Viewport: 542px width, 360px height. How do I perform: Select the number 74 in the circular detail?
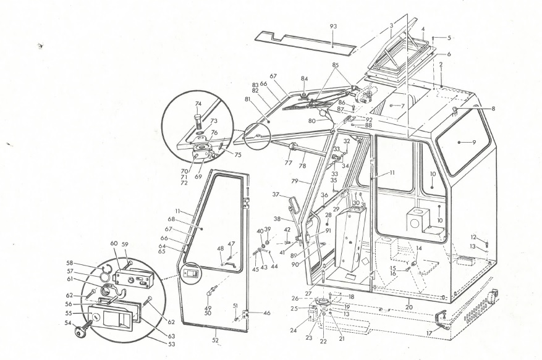tap(198, 103)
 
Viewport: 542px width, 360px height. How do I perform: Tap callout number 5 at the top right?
tap(449, 38)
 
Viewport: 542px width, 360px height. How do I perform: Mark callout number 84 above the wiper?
tap(304, 79)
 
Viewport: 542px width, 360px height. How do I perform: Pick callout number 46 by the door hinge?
tap(267, 313)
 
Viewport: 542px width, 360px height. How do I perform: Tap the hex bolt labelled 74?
tap(198, 118)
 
